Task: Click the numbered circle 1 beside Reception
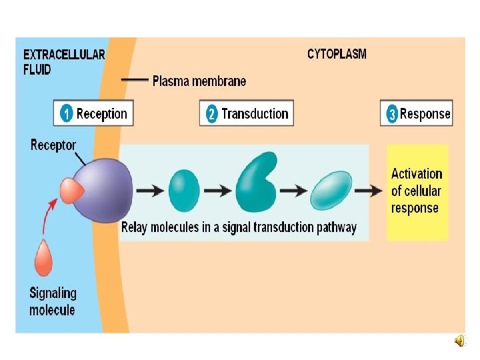pos(66,113)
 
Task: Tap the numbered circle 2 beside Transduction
pos(211,113)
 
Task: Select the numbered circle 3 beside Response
pos(393,114)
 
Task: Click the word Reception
pos(101,113)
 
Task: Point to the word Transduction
pos(255,113)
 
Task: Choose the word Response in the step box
pos(425,114)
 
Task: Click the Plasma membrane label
pos(199,81)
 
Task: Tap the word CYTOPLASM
pos(337,54)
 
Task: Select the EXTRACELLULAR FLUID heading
pos(64,61)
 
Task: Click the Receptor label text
pos(53,145)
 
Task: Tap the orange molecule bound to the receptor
pos(71,191)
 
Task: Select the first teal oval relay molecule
pos(184,190)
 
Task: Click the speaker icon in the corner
pos(461,341)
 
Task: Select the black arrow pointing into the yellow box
pos(369,191)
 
